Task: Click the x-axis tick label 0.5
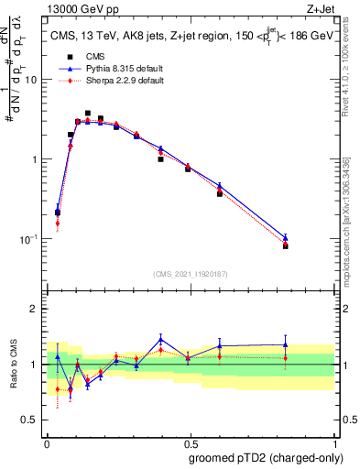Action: point(191,442)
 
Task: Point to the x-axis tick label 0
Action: point(47,442)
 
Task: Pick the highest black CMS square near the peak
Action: point(88,114)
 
